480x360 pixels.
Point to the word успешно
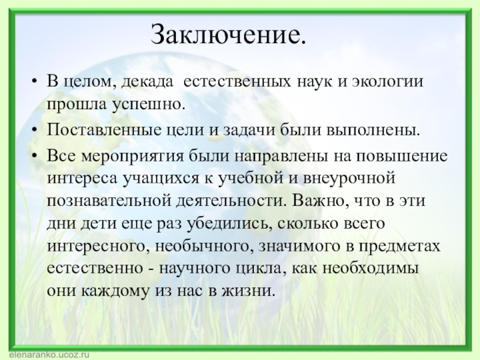[x=131, y=104]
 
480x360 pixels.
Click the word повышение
[x=403, y=157]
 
